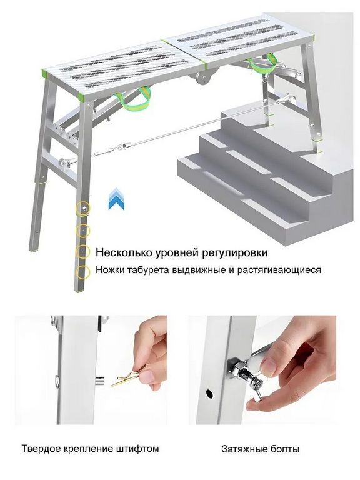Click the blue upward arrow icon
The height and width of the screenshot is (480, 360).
(x=117, y=199)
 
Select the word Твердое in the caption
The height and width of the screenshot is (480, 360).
(x=41, y=449)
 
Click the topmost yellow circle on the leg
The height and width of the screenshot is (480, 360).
(x=83, y=209)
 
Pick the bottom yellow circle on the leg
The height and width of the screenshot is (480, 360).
(x=83, y=272)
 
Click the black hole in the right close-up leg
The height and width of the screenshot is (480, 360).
(x=209, y=393)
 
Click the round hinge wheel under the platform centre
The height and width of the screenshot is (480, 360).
(x=203, y=77)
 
